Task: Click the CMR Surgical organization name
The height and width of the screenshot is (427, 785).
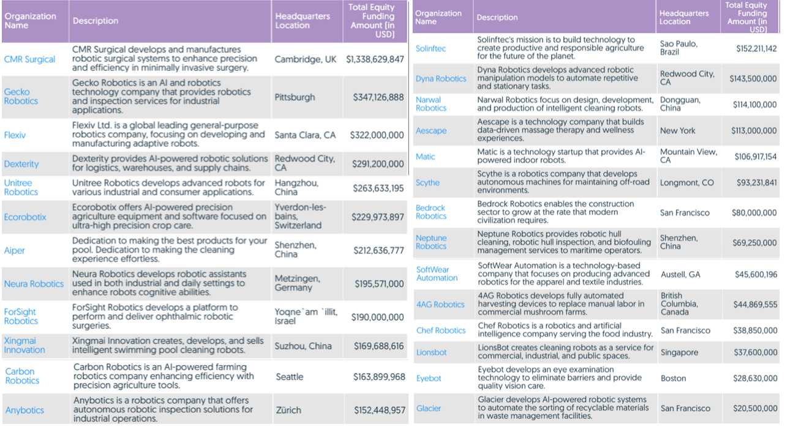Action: tap(29, 59)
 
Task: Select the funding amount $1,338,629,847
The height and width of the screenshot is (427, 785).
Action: tap(375, 59)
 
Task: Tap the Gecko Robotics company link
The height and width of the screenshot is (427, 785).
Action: tap(17, 97)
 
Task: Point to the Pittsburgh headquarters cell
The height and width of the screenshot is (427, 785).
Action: tap(295, 97)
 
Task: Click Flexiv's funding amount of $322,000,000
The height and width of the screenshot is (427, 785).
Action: tap(377, 135)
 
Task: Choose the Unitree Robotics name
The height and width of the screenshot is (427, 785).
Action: tap(21, 187)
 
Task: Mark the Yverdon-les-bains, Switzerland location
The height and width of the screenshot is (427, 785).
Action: tap(298, 217)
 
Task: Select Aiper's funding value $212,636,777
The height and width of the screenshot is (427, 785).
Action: tap(378, 250)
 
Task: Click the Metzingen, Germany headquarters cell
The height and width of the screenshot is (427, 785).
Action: tap(296, 283)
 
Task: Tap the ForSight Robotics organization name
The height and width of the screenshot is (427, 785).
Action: tap(21, 316)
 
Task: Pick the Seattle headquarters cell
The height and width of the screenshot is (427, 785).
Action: tap(289, 377)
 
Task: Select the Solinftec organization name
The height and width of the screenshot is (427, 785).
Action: tap(430, 48)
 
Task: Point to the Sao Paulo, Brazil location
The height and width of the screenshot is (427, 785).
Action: tap(678, 48)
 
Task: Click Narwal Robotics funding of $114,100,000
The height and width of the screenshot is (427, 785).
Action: tap(754, 105)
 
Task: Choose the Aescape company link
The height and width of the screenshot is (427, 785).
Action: tap(431, 131)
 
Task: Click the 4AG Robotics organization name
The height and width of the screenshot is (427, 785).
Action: tap(440, 305)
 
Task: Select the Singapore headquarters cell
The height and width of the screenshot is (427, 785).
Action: tap(679, 352)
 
